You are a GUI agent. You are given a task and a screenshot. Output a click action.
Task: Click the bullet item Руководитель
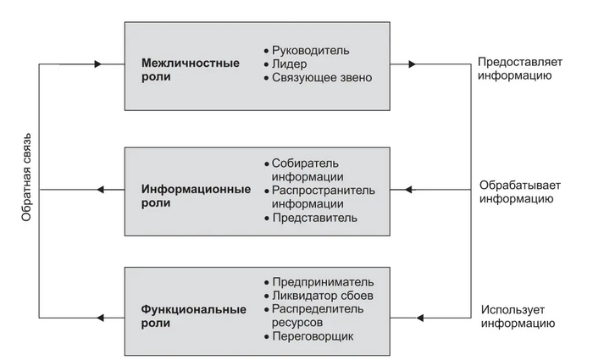310,50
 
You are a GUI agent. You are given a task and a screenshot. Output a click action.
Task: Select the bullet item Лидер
290,64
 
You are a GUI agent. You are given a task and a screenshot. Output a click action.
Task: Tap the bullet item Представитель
314,218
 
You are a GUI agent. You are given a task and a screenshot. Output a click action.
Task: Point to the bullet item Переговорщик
313,336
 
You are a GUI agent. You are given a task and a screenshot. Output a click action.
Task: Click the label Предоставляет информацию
515,69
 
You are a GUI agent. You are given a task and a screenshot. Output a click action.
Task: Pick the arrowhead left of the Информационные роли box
101,190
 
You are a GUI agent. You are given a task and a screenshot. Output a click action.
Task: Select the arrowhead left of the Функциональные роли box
101,317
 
